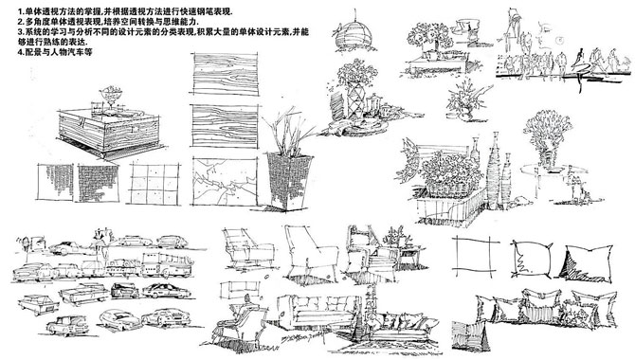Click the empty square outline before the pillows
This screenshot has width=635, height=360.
474,257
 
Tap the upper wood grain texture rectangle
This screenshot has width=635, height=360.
224,75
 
